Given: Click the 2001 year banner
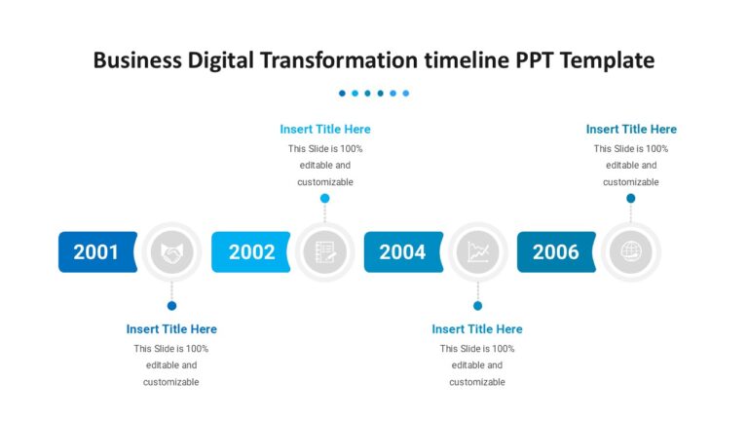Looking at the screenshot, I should point(96,252).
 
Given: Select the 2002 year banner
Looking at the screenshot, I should point(251,252).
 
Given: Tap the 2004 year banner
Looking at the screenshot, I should point(402,252).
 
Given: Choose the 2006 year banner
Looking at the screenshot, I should point(555,252).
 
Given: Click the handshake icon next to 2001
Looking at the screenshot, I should point(172,252).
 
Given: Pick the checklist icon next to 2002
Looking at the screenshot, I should point(325,252).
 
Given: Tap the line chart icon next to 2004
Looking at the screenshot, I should point(478,252).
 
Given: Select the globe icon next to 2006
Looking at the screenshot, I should point(631,252).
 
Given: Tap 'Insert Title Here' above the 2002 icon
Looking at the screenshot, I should point(325,129).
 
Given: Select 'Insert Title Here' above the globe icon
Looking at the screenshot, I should point(631,129).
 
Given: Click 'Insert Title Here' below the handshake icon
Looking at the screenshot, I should point(171,329).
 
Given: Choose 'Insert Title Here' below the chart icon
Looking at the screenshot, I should point(477,329).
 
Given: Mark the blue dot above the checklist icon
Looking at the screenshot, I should point(325,198).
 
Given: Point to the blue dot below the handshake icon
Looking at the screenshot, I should point(172,306).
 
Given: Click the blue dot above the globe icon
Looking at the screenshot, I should point(631,198).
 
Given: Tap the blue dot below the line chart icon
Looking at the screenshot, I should point(478,306).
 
